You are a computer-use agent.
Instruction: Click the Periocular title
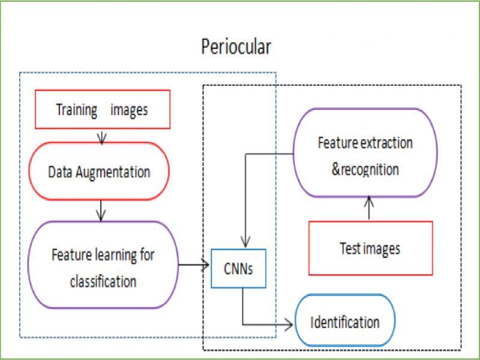(236, 47)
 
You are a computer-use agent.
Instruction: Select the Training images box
(101, 110)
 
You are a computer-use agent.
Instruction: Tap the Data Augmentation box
(99, 172)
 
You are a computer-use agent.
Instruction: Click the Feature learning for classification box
(103, 265)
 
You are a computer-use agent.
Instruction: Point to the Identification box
(345, 322)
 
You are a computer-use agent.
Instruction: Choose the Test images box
(370, 248)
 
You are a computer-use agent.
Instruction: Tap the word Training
(77, 110)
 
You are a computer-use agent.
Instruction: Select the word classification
(103, 281)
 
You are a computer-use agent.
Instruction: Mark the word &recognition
(365, 169)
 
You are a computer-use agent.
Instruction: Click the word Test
(351, 248)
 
